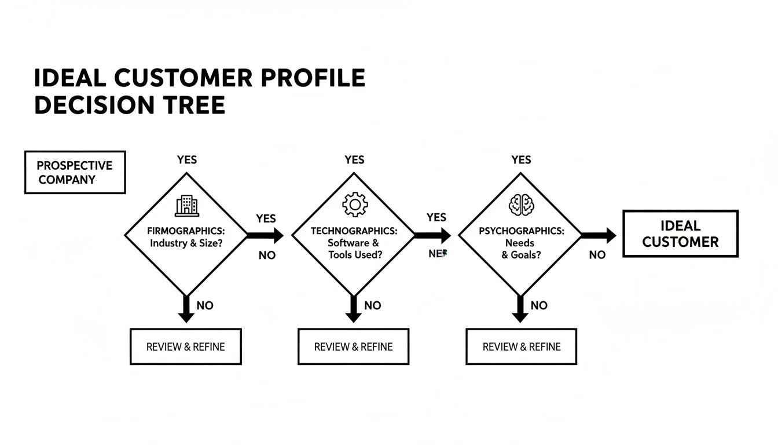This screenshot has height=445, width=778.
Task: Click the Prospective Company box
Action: coord(75,172)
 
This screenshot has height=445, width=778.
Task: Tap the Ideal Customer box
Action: coord(680,234)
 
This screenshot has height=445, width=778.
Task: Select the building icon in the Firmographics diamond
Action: coord(186,205)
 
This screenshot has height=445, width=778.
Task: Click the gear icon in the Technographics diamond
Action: coord(354,205)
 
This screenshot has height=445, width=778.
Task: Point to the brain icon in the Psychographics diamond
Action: coord(520,205)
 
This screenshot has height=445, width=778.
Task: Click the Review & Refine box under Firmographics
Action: coord(185,346)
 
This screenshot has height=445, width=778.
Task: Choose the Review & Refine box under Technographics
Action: coord(353,346)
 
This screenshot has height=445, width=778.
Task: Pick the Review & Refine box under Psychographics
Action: coord(521,346)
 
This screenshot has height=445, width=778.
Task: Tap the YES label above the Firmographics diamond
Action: coord(186,159)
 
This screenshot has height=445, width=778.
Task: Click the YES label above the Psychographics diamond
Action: coord(521,159)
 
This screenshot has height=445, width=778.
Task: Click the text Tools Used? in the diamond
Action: coord(355,254)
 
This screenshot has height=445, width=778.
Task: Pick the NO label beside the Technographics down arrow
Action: coord(373,305)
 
